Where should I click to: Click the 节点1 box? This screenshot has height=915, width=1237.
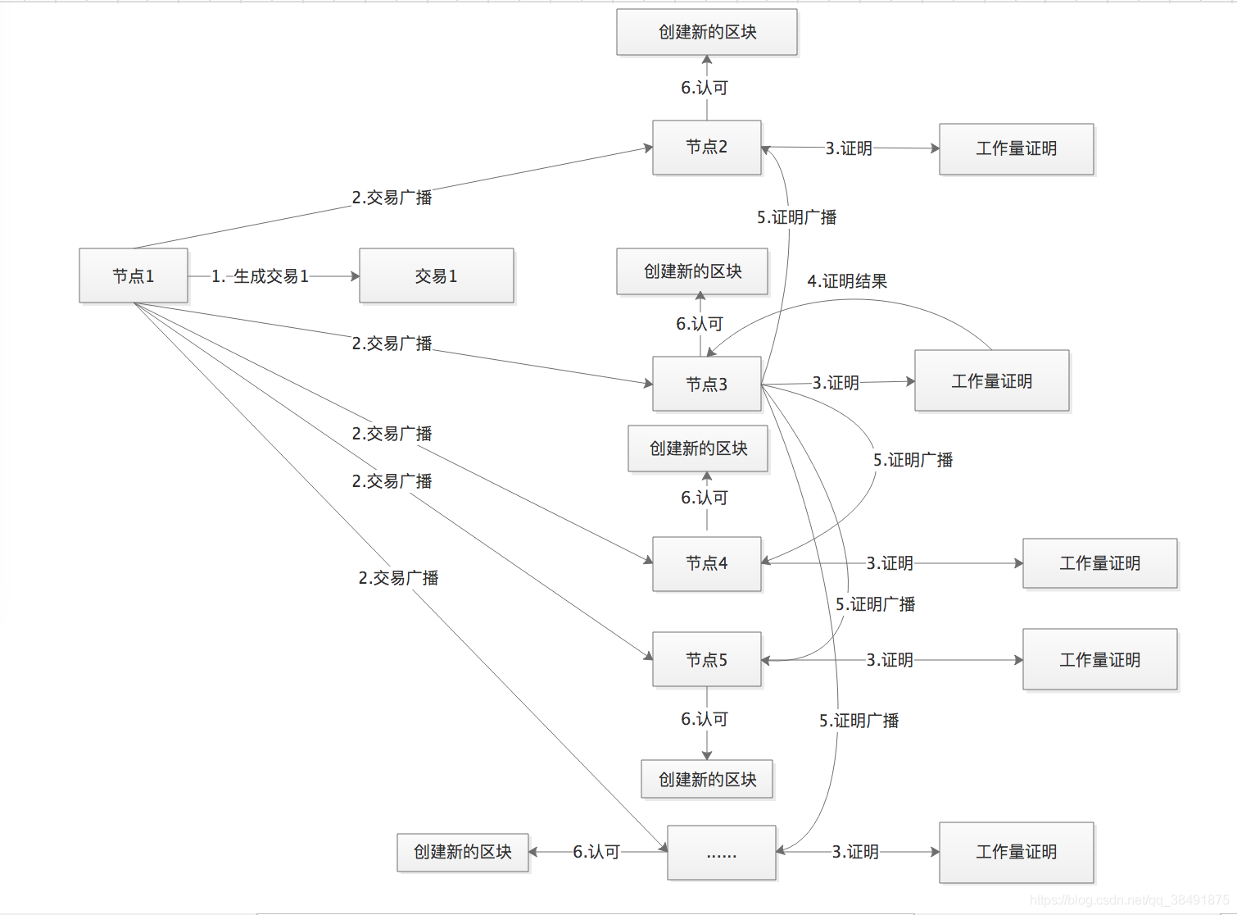134,276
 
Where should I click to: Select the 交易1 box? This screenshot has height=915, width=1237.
436,276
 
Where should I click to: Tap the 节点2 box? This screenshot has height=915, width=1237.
706,148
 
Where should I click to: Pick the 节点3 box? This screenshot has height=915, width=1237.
706,384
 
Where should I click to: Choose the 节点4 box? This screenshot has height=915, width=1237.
706,563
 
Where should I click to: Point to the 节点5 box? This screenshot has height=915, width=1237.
706,659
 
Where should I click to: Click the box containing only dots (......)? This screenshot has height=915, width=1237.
721,853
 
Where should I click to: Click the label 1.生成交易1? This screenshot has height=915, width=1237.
260,276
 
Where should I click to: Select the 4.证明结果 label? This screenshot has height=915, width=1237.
847,281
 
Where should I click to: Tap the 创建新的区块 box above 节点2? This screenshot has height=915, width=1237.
706,32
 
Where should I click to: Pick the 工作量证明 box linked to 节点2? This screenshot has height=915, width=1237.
1016,149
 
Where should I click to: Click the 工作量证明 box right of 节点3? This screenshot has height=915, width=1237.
991,381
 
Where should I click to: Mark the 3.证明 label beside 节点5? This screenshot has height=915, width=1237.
890,660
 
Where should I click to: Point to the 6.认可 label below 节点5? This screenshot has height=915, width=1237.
705,719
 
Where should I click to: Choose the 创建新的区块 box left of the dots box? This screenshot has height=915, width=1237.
462,852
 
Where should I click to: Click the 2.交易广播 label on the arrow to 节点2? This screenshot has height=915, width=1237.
392,198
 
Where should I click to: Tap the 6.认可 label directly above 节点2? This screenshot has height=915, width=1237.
705,88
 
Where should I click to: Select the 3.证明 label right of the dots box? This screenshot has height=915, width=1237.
855,852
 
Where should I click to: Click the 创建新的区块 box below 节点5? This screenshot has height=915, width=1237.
706,779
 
